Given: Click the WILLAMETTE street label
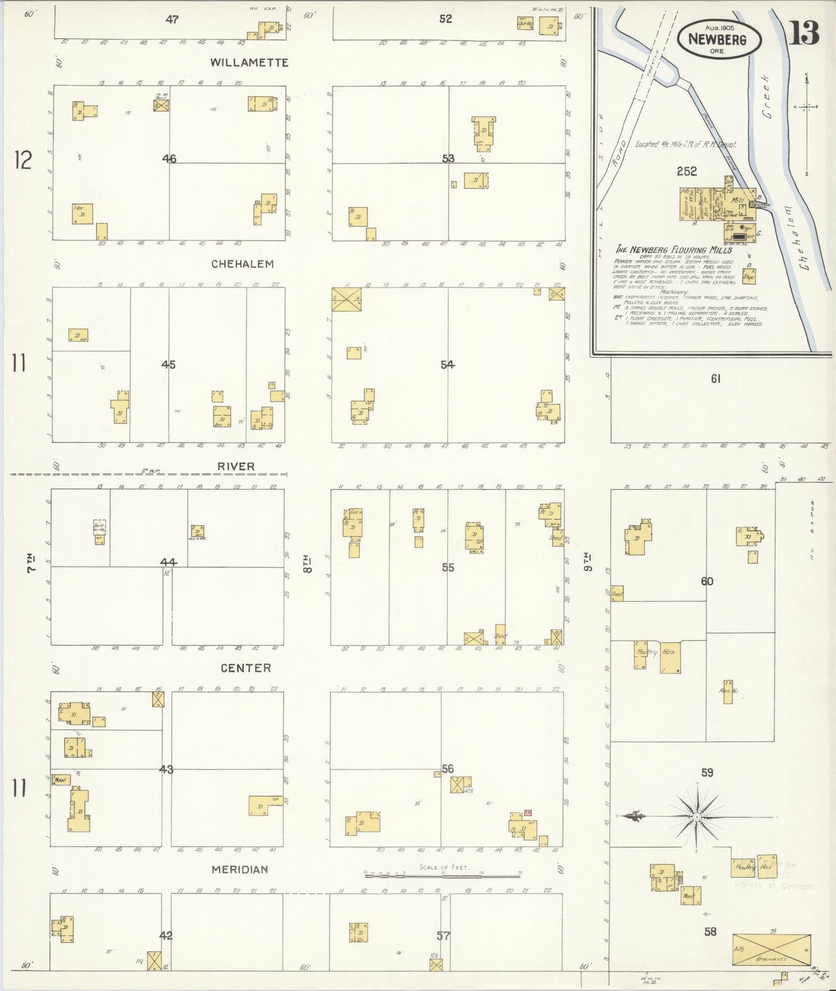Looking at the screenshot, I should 249,62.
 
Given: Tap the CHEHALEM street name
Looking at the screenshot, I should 242,264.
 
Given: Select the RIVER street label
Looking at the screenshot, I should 236,466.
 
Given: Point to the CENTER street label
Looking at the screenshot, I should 246,668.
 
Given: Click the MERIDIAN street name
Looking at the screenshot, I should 240,870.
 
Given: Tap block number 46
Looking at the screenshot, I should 169,158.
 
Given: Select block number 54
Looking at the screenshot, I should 447,364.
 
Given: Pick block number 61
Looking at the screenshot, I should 716,379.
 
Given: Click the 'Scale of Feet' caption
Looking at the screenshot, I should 444,867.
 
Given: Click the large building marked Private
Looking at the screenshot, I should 771,949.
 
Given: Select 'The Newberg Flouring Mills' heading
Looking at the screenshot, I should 673,250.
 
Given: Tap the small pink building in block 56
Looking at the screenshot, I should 528,812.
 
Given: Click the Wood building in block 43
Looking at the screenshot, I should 61,780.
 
